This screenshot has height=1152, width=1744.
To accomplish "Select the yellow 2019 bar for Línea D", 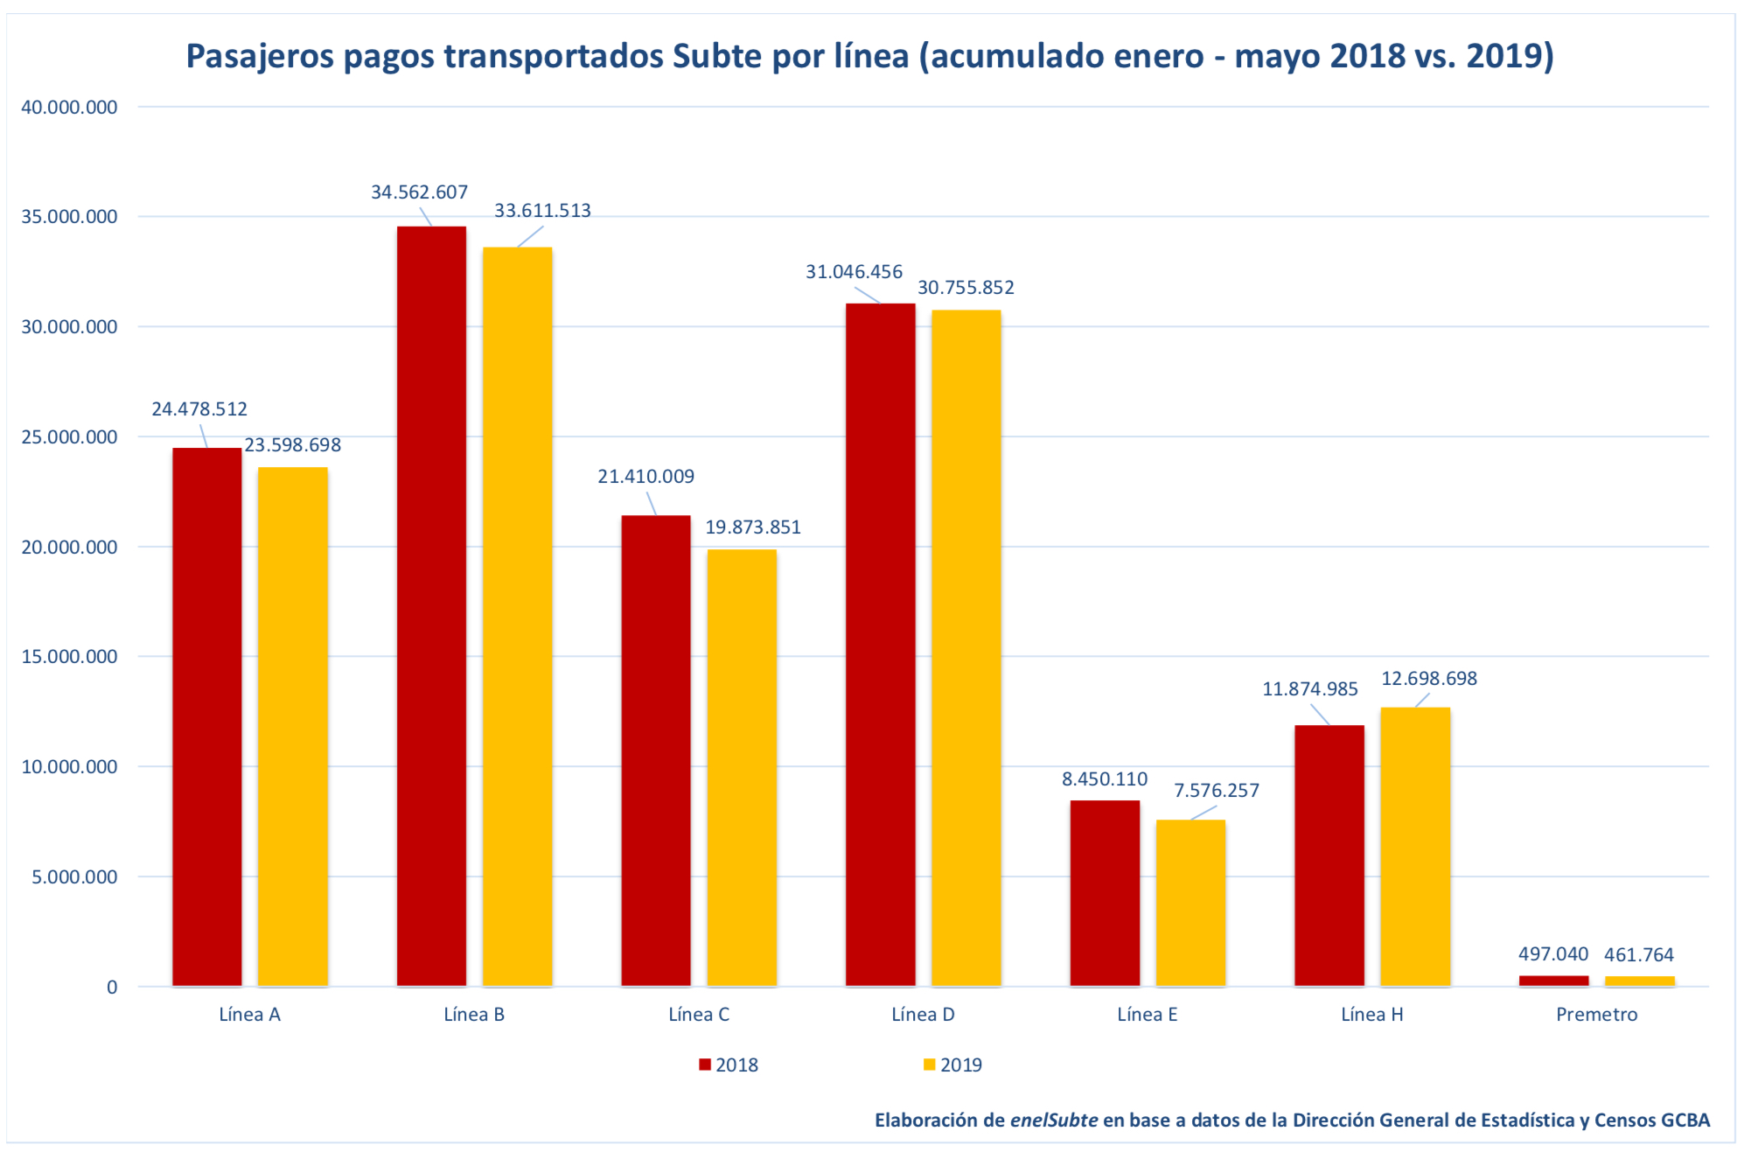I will click(x=966, y=647).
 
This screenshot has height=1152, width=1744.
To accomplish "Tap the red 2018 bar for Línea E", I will click(x=1105, y=892).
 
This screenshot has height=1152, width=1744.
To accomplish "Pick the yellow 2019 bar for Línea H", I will click(x=1414, y=846).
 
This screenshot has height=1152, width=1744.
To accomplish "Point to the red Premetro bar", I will click(x=1553, y=981).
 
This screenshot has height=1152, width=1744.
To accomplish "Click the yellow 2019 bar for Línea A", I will click(x=292, y=726).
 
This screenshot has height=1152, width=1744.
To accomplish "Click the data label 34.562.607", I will click(x=419, y=192).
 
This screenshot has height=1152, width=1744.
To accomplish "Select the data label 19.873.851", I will click(x=752, y=527).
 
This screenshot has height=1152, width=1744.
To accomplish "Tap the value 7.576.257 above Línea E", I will click(x=1216, y=791).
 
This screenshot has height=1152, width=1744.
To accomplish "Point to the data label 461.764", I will click(x=1638, y=955).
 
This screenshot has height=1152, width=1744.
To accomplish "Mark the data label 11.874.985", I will click(x=1309, y=689).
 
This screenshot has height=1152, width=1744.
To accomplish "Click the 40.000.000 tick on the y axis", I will click(x=69, y=108).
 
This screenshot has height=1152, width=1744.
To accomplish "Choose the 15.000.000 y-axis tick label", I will click(x=69, y=657).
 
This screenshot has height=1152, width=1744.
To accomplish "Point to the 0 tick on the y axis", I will click(x=112, y=988).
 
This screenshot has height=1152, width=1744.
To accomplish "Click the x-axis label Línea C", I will click(x=698, y=1015).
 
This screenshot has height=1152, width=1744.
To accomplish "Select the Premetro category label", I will click(x=1596, y=1015).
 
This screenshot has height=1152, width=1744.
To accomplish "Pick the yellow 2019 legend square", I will click(x=929, y=1065).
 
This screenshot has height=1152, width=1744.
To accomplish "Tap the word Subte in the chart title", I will click(x=716, y=57).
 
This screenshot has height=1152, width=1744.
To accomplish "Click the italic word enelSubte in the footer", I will click(x=1053, y=1121).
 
